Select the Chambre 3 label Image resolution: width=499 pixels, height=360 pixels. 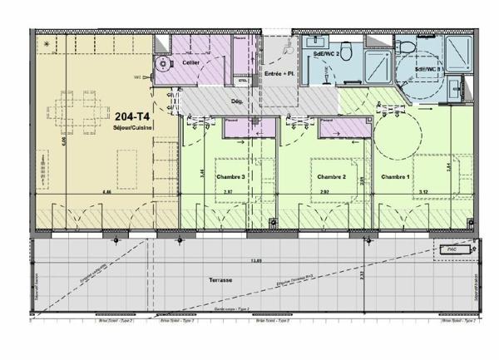230,177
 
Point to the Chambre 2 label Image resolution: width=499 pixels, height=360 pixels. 332,177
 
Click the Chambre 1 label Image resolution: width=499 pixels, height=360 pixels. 396,177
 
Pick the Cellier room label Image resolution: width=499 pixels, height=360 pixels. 191,63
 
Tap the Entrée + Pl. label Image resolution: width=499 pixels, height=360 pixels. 279,74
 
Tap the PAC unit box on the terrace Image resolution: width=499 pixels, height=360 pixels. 452,249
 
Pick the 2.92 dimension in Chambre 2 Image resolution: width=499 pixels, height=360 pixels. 326,192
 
